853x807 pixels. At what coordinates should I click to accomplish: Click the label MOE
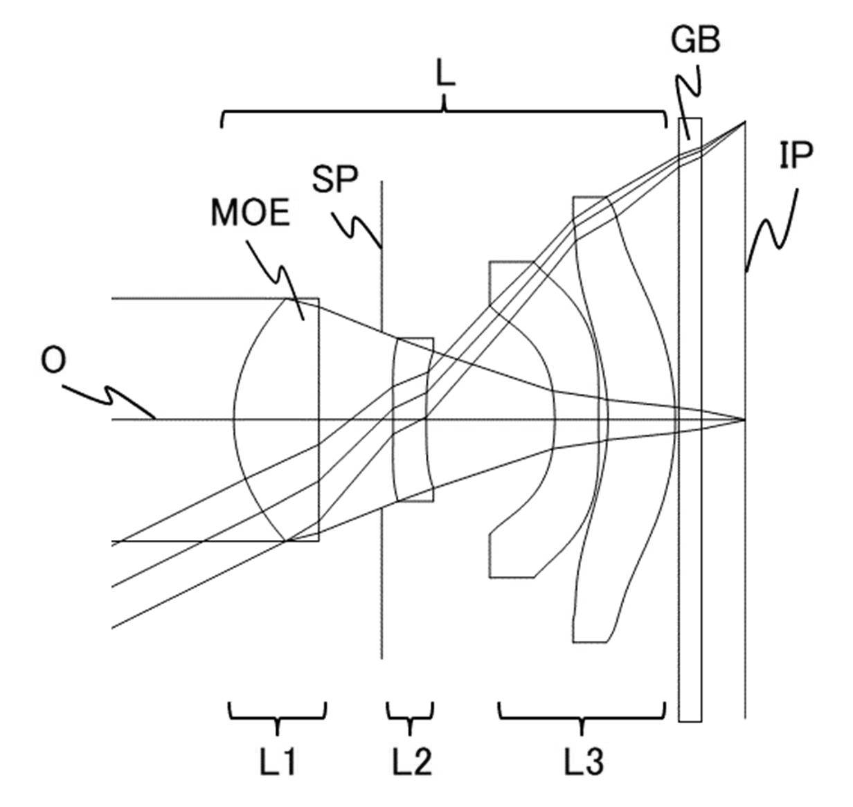coord(251,212)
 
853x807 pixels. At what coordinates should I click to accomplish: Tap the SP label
coord(335,179)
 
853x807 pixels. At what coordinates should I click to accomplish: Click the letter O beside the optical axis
coord(53,361)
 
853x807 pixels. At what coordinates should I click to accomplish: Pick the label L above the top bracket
coord(445,75)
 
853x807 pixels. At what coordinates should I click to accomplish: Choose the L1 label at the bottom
coord(278,761)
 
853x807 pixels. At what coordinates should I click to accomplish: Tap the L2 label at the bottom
coord(412,761)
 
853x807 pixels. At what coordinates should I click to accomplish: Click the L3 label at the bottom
coord(584,761)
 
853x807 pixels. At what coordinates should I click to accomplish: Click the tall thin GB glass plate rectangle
coord(690,420)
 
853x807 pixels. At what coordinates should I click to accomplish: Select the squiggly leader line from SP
coord(356,229)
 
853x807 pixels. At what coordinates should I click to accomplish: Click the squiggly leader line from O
coord(109,399)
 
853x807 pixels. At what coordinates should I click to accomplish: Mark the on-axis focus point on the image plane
coord(744,419)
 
